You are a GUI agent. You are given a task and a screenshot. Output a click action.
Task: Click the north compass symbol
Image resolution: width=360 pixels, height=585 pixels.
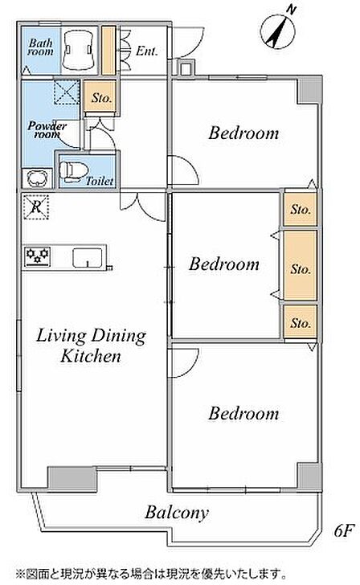pos(278,30)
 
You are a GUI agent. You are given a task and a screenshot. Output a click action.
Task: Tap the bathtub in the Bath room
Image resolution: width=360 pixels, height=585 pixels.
pos(77,50)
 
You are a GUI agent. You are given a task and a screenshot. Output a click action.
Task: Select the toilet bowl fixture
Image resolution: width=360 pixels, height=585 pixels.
pos(73,171)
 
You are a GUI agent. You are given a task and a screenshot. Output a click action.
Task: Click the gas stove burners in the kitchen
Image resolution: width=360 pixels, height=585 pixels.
pos(37,256)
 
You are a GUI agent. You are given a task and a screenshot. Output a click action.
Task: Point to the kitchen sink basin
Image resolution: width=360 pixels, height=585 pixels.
pos(88,257)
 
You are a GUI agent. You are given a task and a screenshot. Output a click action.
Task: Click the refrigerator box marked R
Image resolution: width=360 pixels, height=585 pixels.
pos(36,207)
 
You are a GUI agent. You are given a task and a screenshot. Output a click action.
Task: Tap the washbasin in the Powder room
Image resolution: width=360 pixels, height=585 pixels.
pos(36,178)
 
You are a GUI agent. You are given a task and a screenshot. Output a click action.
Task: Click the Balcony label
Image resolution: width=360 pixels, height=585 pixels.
pos(177,513)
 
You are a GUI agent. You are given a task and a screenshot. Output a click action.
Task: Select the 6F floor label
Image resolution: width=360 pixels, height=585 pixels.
pos(344,530)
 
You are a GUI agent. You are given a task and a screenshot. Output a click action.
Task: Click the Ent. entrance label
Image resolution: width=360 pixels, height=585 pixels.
pos(146,51)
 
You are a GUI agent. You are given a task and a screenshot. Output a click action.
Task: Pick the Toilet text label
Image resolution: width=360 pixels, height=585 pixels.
pos(100,181)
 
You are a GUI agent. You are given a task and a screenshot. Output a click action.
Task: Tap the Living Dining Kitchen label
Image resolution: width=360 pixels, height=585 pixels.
pos(91,345)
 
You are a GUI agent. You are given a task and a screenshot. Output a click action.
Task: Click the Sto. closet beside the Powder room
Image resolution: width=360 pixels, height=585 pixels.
pos(100,96)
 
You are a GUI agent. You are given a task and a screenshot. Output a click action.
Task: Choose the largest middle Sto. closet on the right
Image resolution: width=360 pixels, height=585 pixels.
pos(301,265)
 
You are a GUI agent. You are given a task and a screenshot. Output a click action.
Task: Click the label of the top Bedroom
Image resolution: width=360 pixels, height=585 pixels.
pos(243,133)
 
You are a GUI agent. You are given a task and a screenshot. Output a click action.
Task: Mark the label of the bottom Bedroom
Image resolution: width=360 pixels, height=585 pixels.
pos(243,413)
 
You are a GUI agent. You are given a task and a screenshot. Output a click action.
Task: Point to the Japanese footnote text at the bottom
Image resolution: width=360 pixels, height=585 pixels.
pos(151,573)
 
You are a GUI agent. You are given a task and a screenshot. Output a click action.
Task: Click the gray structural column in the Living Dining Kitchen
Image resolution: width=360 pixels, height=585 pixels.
pos(73,477)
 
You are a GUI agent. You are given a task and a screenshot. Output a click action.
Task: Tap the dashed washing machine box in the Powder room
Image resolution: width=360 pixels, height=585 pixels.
pos(67,92)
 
